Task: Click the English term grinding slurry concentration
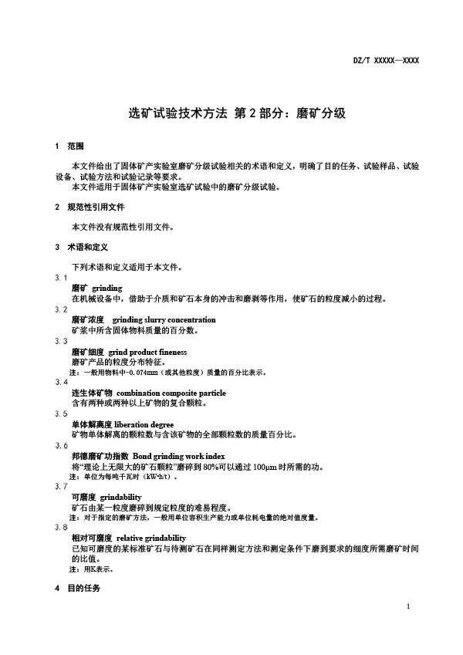pos(164,319)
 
